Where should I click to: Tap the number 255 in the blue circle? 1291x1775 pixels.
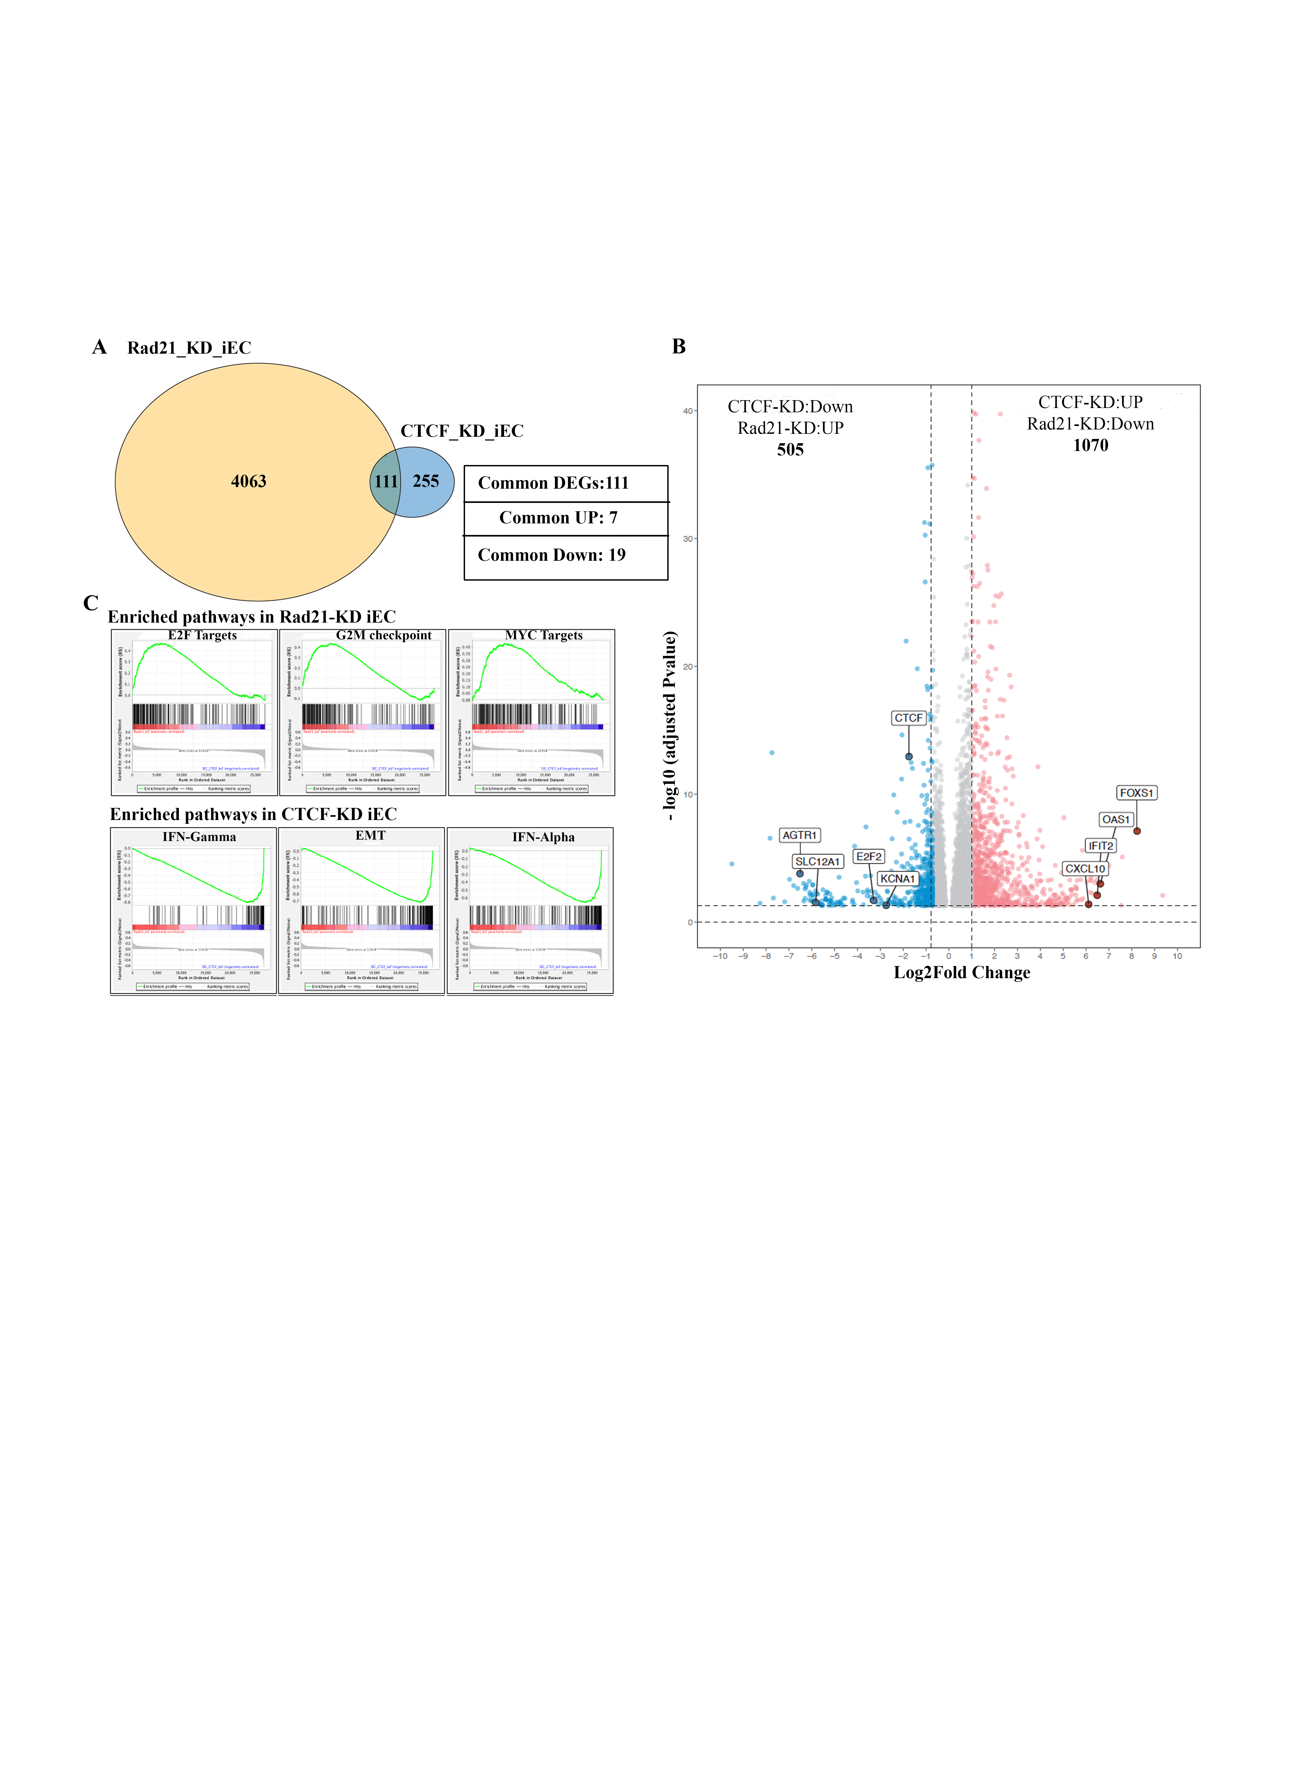point(426,481)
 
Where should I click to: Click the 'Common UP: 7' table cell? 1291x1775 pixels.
point(558,518)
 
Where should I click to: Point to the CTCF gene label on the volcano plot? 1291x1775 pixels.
point(908,718)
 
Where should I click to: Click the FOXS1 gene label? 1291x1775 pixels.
point(1136,793)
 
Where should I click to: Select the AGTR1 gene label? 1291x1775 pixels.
point(799,835)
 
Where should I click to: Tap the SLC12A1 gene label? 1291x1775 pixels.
point(817,862)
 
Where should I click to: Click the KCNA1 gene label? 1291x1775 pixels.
point(897,879)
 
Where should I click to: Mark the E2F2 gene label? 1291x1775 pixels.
point(868,856)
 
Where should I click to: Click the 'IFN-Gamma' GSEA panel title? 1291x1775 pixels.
point(199,837)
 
